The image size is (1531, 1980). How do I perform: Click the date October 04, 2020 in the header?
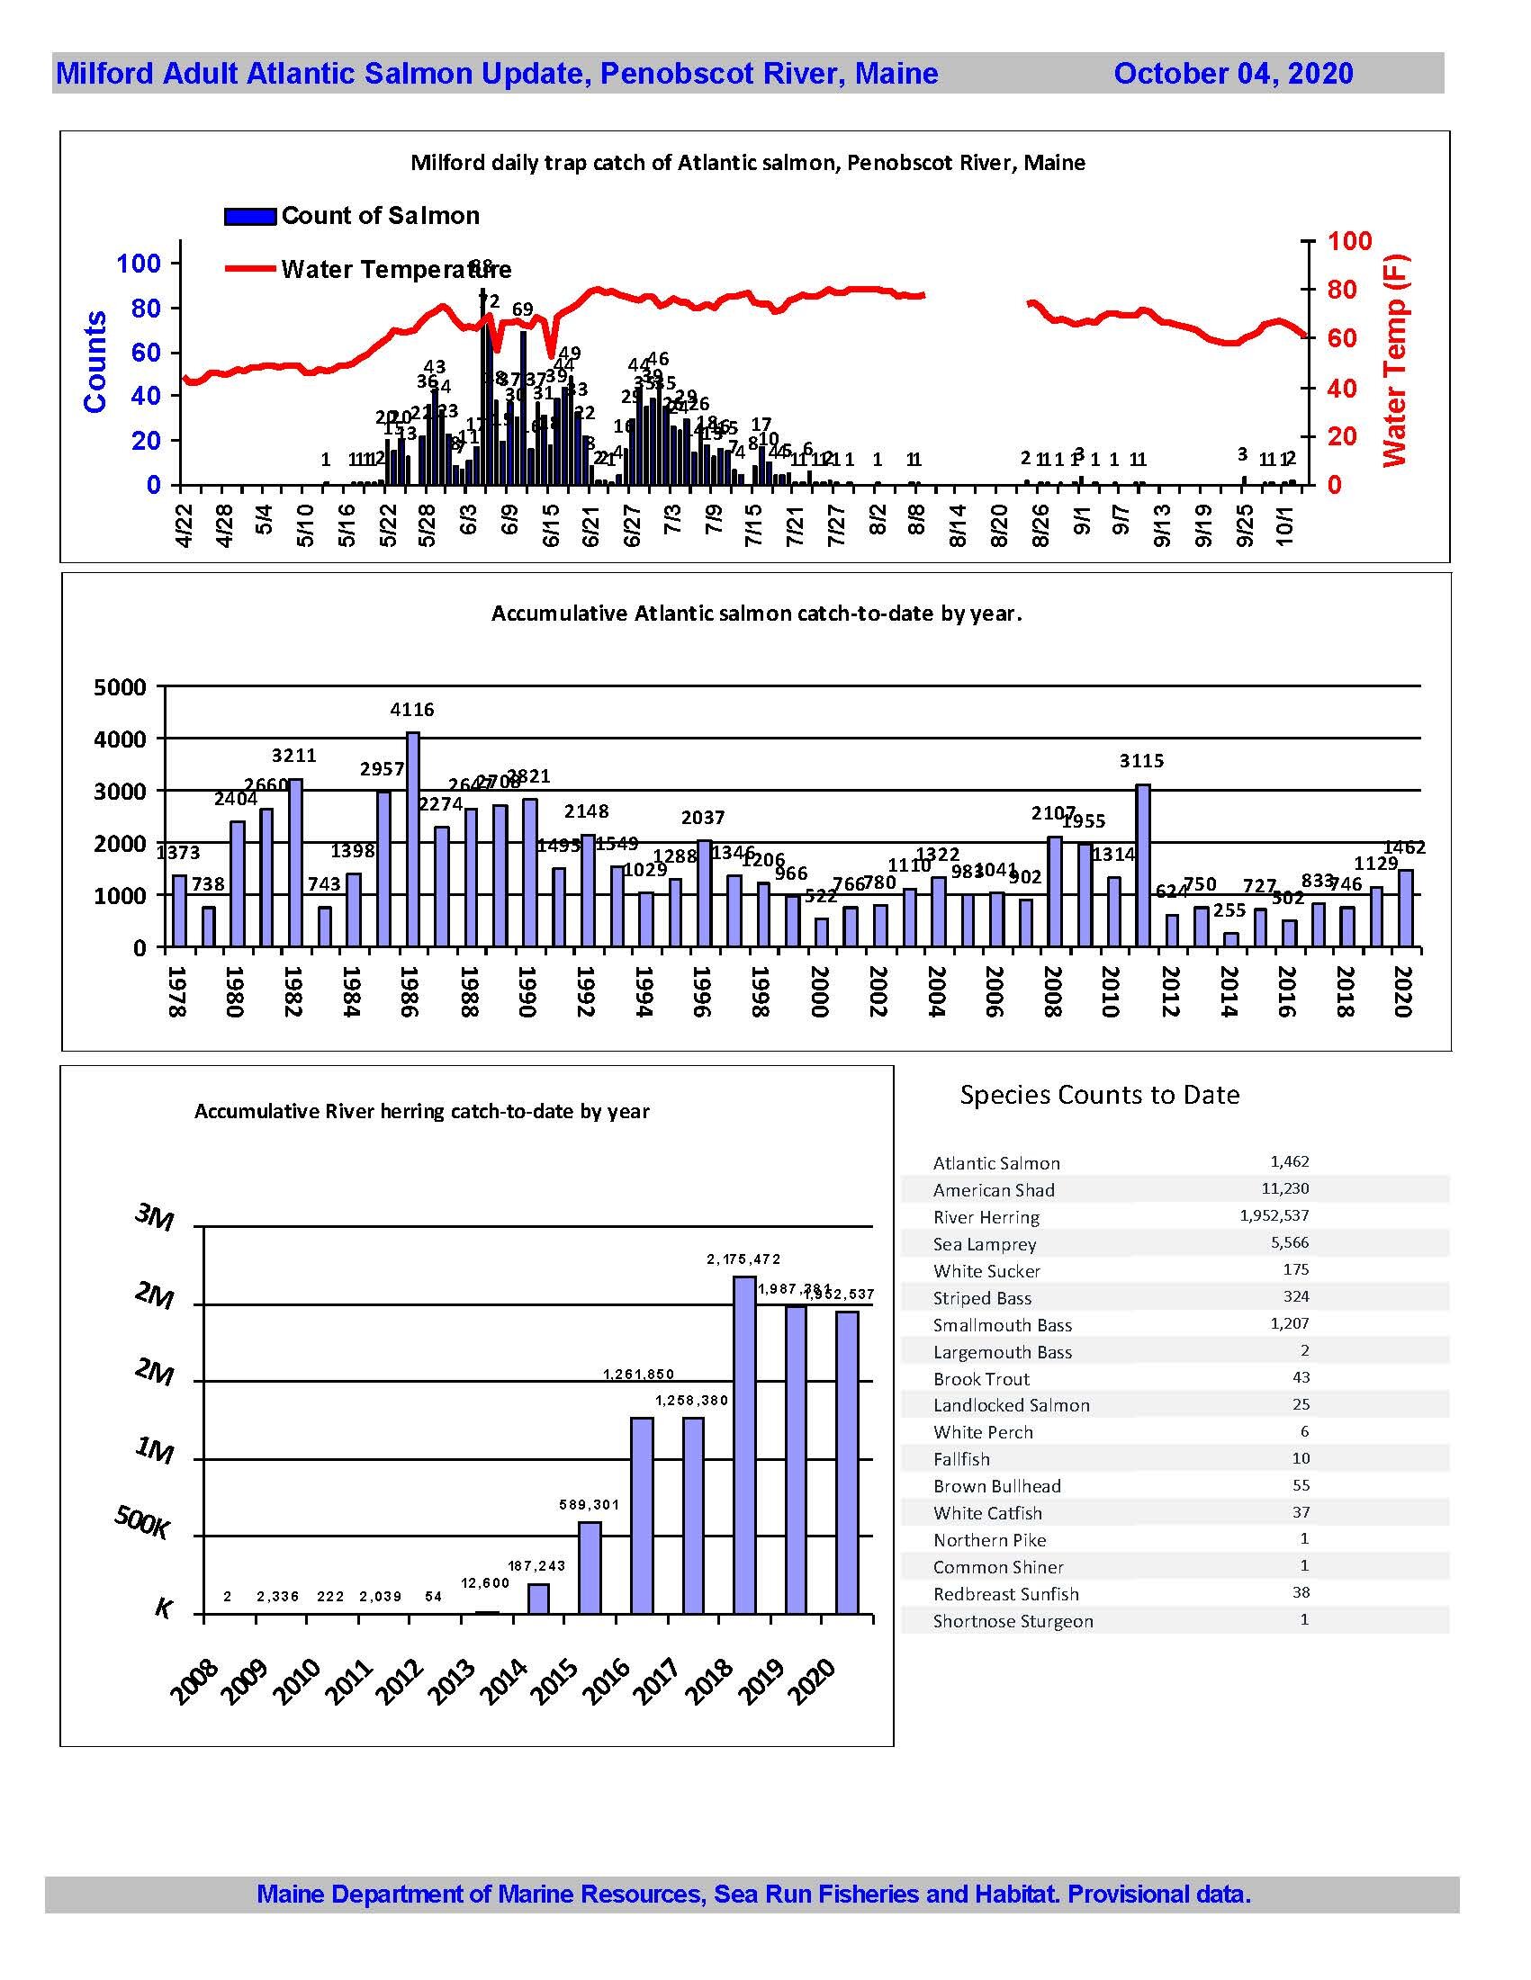[1232, 74]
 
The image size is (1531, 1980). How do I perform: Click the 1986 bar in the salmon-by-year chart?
[413, 838]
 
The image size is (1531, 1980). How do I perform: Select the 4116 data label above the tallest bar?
[413, 710]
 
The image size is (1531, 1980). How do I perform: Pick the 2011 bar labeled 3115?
[1143, 865]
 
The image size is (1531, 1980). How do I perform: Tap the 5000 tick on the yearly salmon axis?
[120, 687]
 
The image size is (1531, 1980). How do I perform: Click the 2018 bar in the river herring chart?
[744, 1445]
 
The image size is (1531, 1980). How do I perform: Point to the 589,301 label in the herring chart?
[590, 1505]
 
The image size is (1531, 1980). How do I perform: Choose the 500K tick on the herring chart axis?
[141, 1523]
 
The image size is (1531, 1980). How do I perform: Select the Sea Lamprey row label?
[984, 1245]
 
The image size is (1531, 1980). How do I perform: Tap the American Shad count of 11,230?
[1284, 1188]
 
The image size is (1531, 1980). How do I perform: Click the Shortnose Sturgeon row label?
[1013, 1621]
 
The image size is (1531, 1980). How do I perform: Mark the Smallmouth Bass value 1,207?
[1290, 1323]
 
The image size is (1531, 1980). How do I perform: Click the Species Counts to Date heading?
[1099, 1095]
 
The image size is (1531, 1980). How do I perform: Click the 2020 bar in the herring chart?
[847, 1463]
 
